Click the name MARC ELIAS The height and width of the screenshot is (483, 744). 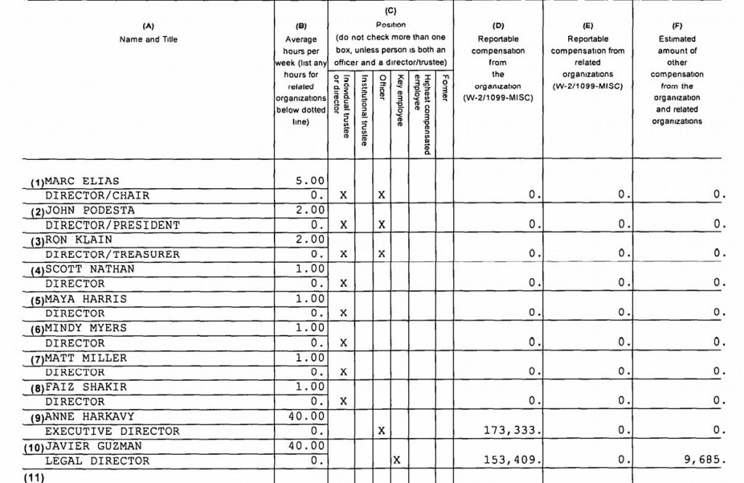click(82, 181)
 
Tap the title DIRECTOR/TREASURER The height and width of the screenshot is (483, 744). click(112, 254)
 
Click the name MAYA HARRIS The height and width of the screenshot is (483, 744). click(86, 299)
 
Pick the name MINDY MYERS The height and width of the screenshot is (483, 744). click(86, 328)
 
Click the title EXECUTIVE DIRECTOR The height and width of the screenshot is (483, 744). click(113, 431)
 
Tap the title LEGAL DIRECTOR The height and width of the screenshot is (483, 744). click(97, 460)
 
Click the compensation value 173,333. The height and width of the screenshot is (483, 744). click(512, 431)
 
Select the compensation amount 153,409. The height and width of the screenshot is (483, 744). click(512, 460)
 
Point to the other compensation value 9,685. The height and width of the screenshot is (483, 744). click(704, 460)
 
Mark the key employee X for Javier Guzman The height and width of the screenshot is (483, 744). click(397, 460)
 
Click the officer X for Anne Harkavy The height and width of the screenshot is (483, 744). click(381, 431)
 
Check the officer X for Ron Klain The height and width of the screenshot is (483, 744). click(381, 254)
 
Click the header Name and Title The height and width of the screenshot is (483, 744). click(148, 39)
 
